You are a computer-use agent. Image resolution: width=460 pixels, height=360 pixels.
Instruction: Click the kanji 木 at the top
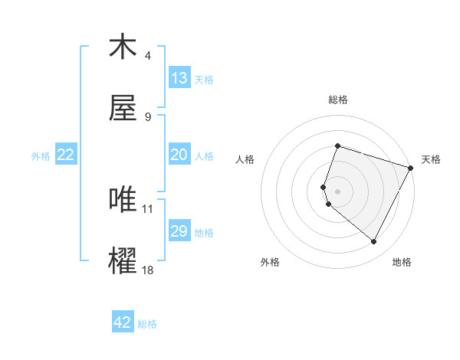[123, 47]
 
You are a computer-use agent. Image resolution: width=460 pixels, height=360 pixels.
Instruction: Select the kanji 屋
[123, 109]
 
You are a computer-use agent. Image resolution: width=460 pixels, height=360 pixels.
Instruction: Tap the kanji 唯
[123, 200]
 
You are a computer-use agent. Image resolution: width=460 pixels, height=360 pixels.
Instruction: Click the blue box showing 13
[179, 78]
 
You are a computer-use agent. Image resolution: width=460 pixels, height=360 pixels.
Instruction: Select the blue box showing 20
[179, 155]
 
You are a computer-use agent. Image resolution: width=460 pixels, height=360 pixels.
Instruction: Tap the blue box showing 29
[179, 231]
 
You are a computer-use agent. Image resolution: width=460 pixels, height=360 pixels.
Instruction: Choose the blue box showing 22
[66, 155]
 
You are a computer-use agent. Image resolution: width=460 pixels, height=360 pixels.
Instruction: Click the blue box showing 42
[123, 322]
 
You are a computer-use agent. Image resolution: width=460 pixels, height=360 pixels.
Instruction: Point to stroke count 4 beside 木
[148, 56]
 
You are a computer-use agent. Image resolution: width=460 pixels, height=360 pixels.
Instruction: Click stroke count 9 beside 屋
[148, 117]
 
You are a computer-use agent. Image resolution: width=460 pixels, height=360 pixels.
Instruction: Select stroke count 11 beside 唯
[149, 208]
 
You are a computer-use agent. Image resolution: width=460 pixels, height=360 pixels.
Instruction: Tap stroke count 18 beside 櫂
[149, 270]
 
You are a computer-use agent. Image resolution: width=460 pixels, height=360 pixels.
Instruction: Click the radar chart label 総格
[337, 100]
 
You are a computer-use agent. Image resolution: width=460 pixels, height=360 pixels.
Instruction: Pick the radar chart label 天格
[431, 159]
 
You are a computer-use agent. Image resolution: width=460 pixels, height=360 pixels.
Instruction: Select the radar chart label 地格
[402, 262]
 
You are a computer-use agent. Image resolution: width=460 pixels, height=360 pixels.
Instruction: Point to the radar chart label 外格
[270, 262]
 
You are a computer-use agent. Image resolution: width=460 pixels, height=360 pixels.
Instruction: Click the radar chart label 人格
[245, 159]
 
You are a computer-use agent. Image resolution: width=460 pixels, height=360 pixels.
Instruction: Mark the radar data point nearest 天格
[411, 168]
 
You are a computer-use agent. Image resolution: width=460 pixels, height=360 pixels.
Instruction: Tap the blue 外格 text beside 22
[41, 155]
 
